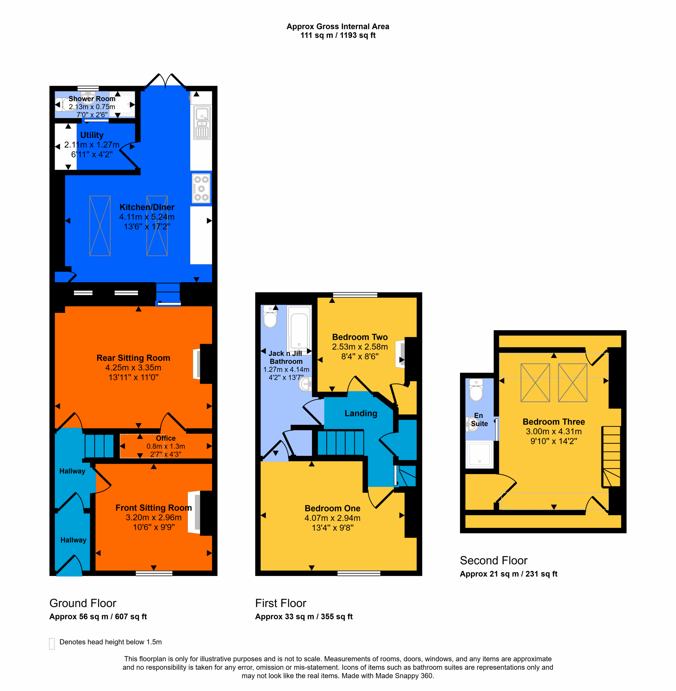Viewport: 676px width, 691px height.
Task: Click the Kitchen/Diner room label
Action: coord(147,207)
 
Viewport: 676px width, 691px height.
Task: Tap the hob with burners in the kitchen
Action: coord(201,188)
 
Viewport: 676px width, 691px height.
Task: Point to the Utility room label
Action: coord(92,135)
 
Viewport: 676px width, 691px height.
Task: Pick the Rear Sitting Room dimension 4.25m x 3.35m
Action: coord(133,368)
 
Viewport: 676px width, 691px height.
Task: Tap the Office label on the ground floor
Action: coord(166,438)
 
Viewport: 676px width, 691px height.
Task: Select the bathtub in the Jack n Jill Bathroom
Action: coord(299,328)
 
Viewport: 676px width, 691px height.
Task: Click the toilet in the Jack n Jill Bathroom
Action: coord(270,317)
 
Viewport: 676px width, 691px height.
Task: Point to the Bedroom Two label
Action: coord(360,337)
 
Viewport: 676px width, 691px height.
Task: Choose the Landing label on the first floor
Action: coord(361,414)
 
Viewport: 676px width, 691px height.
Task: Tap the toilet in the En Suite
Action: coord(476,390)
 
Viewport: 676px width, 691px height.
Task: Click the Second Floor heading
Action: coord(493,560)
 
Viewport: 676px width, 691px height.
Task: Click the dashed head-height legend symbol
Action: coord(52,643)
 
